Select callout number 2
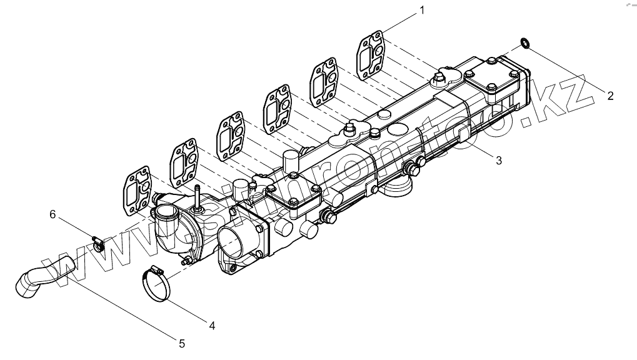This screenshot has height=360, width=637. (x=611, y=96)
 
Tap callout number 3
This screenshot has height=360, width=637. (x=498, y=160)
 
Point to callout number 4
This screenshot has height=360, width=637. (x=212, y=325)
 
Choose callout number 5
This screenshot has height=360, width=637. (x=182, y=342)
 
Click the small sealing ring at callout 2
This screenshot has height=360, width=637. (x=524, y=42)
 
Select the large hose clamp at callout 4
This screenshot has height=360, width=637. (x=157, y=285)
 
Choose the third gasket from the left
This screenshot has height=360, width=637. (x=231, y=135)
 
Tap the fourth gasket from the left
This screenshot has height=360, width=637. (x=277, y=109)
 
